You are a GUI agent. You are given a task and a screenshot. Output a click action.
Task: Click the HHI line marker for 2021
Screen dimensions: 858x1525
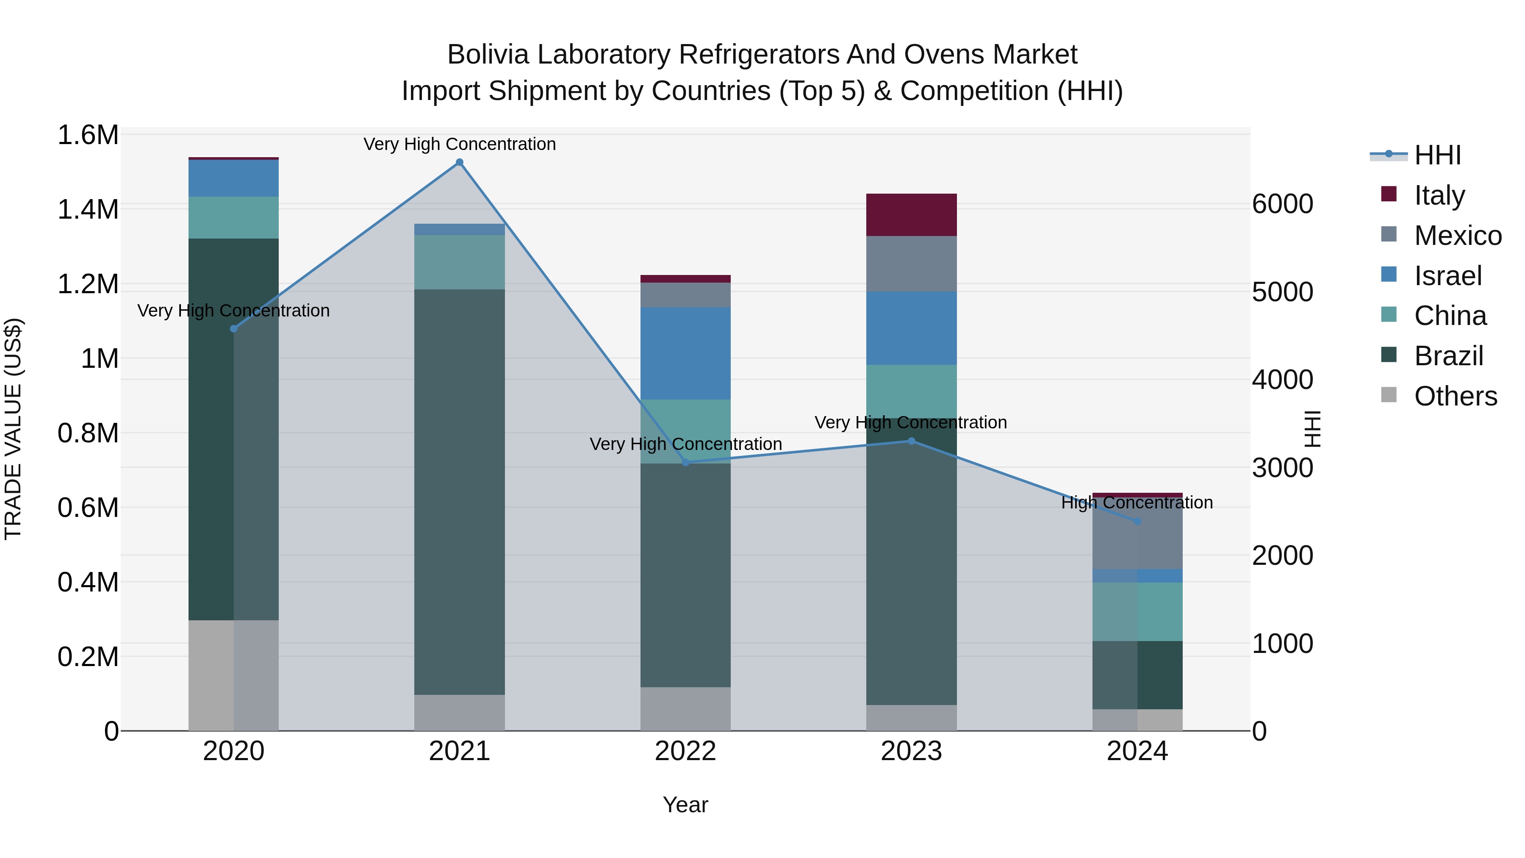459,162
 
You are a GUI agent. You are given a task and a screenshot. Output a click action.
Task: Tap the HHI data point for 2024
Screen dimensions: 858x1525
1137,521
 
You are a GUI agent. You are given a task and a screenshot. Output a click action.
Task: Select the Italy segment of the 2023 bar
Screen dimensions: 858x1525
911,215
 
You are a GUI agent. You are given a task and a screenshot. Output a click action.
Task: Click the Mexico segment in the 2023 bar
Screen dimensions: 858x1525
911,264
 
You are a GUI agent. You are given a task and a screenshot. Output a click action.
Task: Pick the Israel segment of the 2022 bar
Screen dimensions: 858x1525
685,353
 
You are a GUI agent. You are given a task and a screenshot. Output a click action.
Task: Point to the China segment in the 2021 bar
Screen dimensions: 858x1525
459,262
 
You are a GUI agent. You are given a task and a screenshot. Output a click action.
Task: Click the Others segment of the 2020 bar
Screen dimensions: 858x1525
233,675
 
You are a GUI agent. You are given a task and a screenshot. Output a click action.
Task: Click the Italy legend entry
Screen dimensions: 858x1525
1439,195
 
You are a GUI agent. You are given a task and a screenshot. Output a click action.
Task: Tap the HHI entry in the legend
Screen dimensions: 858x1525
1437,155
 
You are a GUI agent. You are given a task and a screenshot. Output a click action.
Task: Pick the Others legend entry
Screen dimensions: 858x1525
1455,396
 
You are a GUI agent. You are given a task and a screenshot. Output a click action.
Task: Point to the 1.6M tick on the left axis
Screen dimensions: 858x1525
88,135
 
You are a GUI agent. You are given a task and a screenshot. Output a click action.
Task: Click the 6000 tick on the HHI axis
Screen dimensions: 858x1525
1283,204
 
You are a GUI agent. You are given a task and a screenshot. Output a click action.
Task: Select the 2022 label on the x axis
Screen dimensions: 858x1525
685,751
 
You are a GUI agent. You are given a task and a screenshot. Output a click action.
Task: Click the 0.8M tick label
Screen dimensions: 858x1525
88,433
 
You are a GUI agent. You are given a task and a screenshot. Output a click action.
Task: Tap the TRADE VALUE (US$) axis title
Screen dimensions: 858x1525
13,429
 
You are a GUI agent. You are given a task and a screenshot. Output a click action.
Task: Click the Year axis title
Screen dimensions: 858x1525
685,805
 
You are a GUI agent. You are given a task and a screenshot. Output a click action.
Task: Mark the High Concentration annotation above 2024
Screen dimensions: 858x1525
1137,503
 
